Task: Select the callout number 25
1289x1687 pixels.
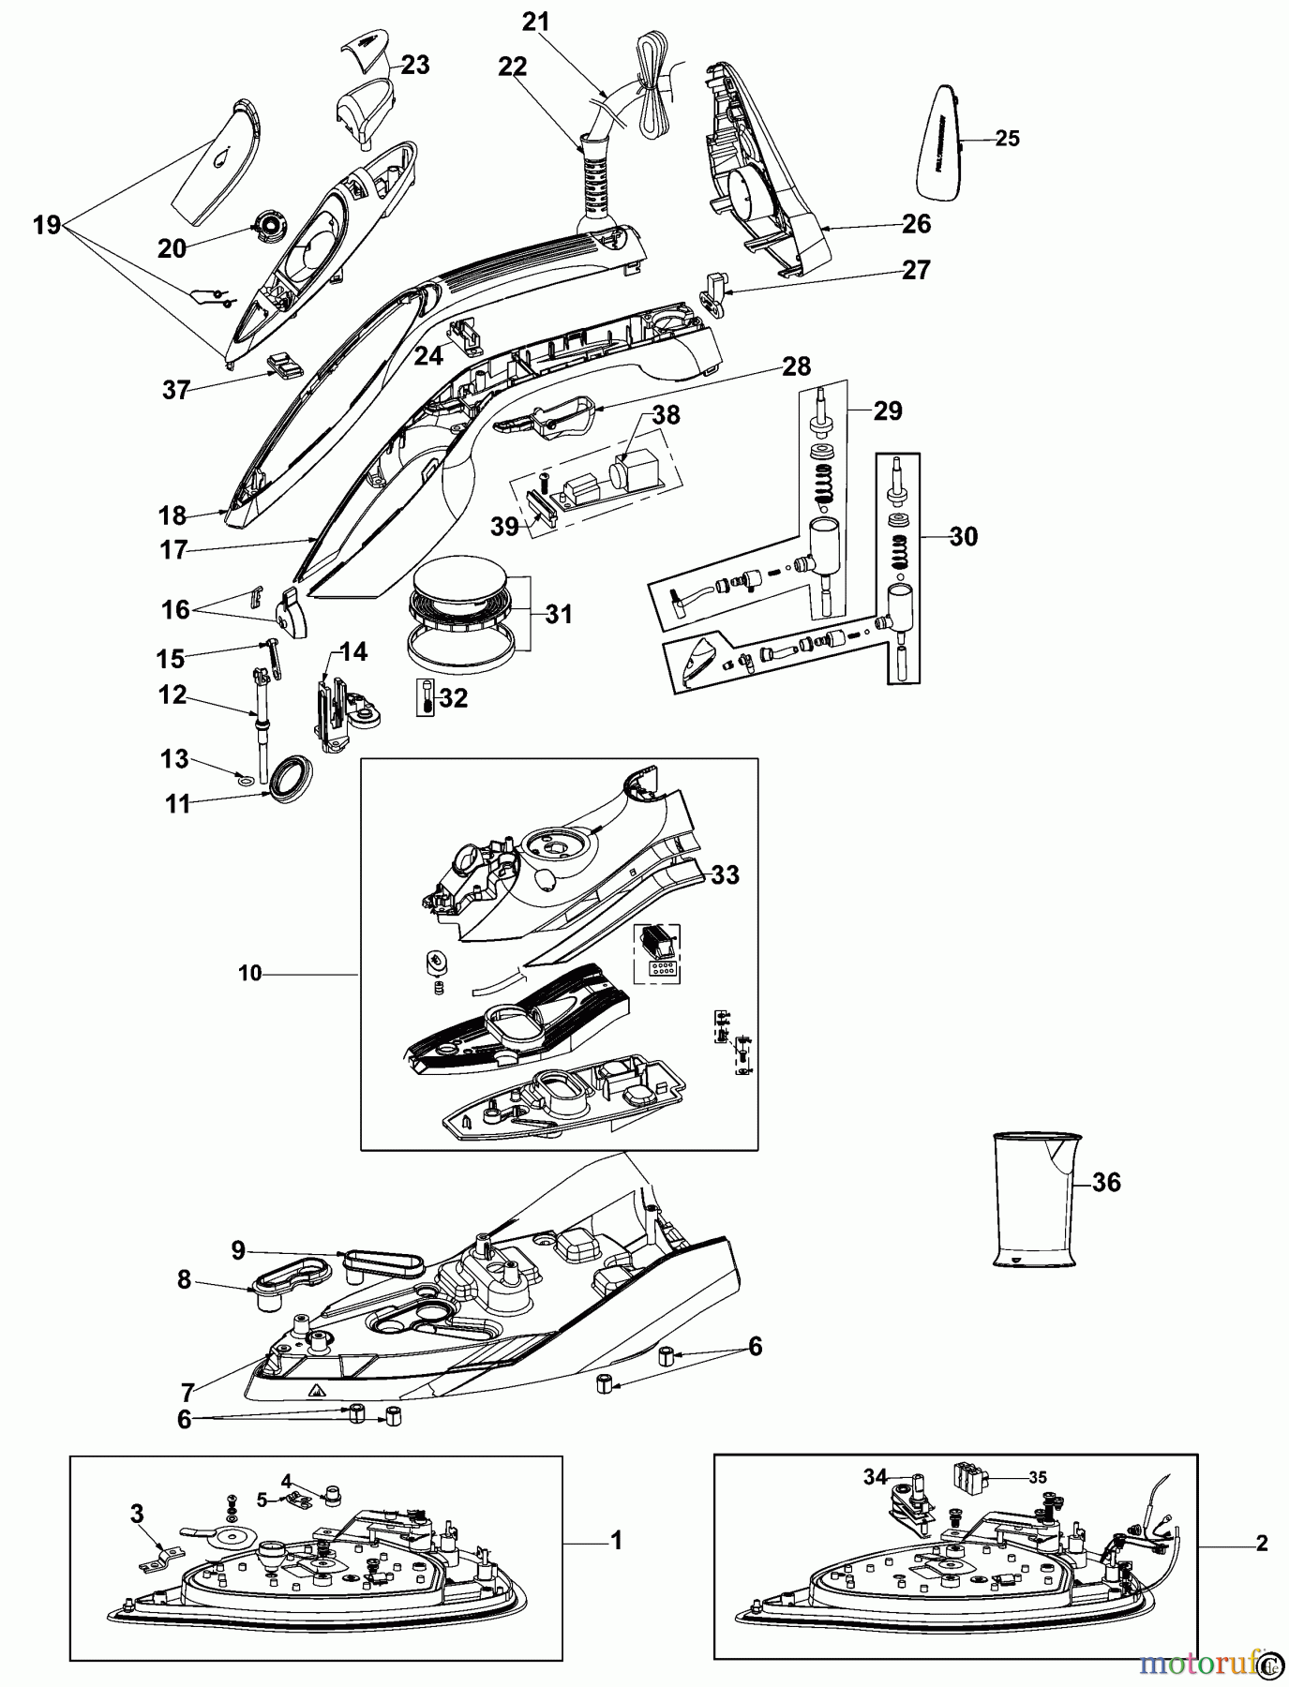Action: click(1007, 139)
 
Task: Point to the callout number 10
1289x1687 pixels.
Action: click(250, 974)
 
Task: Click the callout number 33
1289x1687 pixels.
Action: click(726, 874)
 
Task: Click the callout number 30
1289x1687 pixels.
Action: click(963, 537)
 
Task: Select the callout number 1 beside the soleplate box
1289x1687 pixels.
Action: click(616, 1540)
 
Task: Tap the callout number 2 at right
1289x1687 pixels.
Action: click(1262, 1543)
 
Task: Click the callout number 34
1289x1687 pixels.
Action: click(876, 1477)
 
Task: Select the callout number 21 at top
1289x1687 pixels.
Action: click(536, 22)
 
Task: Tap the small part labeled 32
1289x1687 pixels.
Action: click(427, 698)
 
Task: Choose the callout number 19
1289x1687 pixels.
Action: click(46, 225)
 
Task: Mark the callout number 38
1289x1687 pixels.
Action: click(667, 414)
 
